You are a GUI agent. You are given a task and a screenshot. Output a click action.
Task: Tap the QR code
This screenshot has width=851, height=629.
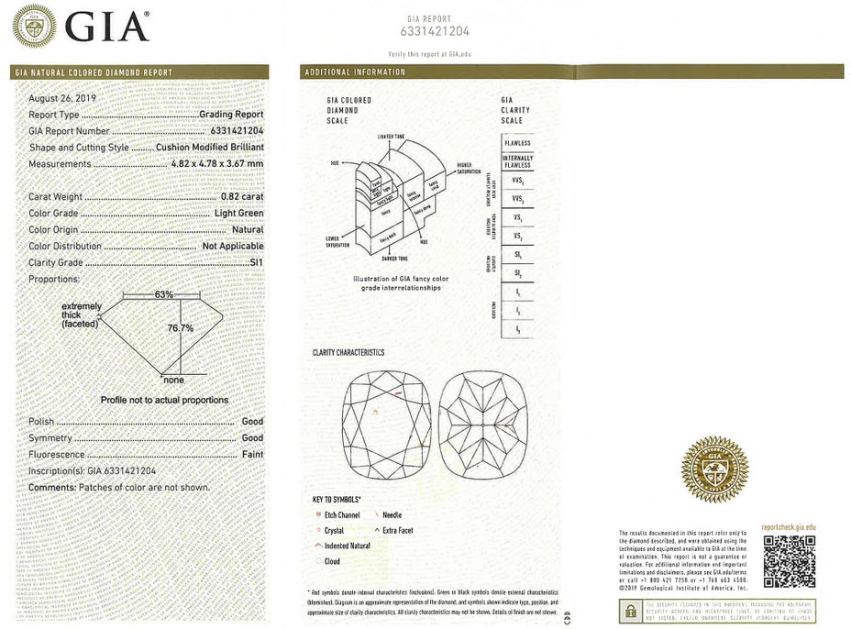[789, 560]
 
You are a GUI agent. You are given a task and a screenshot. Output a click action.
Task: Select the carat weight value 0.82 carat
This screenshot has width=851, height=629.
[242, 196]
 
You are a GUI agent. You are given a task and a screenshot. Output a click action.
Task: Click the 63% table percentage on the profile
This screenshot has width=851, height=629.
[163, 294]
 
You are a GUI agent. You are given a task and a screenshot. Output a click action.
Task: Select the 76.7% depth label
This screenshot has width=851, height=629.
[180, 327]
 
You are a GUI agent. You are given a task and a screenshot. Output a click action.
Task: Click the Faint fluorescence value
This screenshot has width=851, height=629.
[251, 455]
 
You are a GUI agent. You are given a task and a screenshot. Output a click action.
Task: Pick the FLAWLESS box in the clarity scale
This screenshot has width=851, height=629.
[516, 144]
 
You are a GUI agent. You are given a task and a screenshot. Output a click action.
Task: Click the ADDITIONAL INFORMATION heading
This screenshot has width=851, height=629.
[355, 72]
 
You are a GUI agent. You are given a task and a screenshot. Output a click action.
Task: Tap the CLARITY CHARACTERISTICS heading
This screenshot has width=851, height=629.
[348, 353]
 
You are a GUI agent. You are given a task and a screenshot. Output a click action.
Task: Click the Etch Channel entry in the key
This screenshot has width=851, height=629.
[342, 516]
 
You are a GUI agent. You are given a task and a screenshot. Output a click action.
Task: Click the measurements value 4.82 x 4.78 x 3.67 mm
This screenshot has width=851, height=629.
[217, 163]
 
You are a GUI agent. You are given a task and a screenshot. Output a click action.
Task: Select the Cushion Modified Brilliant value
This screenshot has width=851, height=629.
[210, 147]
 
